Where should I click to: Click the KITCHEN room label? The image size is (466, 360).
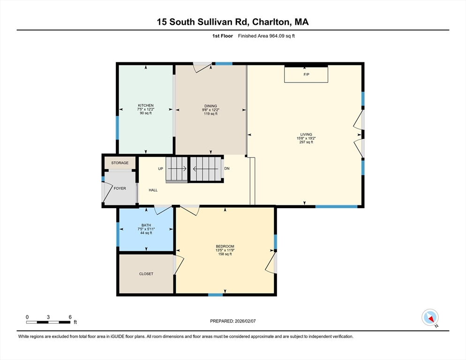pos(146,105)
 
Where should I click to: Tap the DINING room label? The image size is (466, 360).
pos(210,106)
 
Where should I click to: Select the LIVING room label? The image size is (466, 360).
pos(306,135)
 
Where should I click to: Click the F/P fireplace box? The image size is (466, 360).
pos(306,75)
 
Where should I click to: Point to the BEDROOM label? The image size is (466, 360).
pos(225,247)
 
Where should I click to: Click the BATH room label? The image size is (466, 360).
pos(146,225)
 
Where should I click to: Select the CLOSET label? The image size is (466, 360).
pos(146,274)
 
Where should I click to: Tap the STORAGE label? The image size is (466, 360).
pos(120,163)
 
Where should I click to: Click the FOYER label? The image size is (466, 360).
pos(120,188)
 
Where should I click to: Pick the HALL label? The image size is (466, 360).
pos(153,190)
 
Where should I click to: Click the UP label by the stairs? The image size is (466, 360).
pos(160,169)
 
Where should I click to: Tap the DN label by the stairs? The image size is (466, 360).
pos(227,169)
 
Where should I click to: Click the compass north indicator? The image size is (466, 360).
pos(430,317)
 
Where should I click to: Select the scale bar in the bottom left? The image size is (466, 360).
pos(49,322)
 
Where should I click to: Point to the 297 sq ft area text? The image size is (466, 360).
pos(306,142)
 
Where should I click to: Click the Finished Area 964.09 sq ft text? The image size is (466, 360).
pos(266,36)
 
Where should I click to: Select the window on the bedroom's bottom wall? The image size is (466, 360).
pos(215,295)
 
